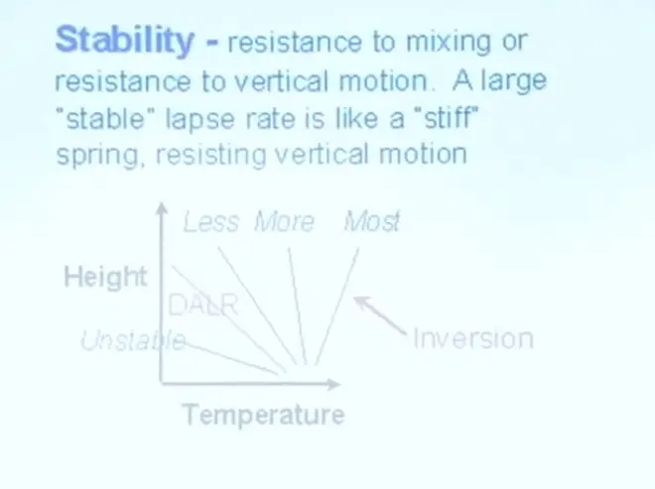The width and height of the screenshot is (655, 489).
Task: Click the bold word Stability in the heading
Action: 125,40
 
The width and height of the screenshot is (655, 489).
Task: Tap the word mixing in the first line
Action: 449,43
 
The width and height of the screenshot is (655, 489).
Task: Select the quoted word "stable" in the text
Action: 105,118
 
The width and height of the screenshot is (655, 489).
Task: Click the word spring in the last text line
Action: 98,156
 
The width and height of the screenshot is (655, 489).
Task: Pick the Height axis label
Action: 105,277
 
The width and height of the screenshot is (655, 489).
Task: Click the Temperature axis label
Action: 264,415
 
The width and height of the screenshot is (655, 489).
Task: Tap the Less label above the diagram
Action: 211,221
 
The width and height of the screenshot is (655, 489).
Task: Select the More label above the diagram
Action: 285,221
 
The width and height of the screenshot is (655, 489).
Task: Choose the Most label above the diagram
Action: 372,221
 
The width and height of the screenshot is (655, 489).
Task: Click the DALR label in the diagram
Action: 203,305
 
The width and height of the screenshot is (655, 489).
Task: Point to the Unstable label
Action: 133,340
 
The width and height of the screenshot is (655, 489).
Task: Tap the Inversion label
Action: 473,338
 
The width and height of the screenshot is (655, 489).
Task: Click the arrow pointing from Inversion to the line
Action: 379,314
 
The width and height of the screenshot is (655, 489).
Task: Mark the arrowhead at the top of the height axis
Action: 162,208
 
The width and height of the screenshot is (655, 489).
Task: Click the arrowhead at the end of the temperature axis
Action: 334,384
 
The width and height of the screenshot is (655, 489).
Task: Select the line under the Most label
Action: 336,306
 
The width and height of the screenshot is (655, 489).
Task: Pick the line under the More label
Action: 298,306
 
